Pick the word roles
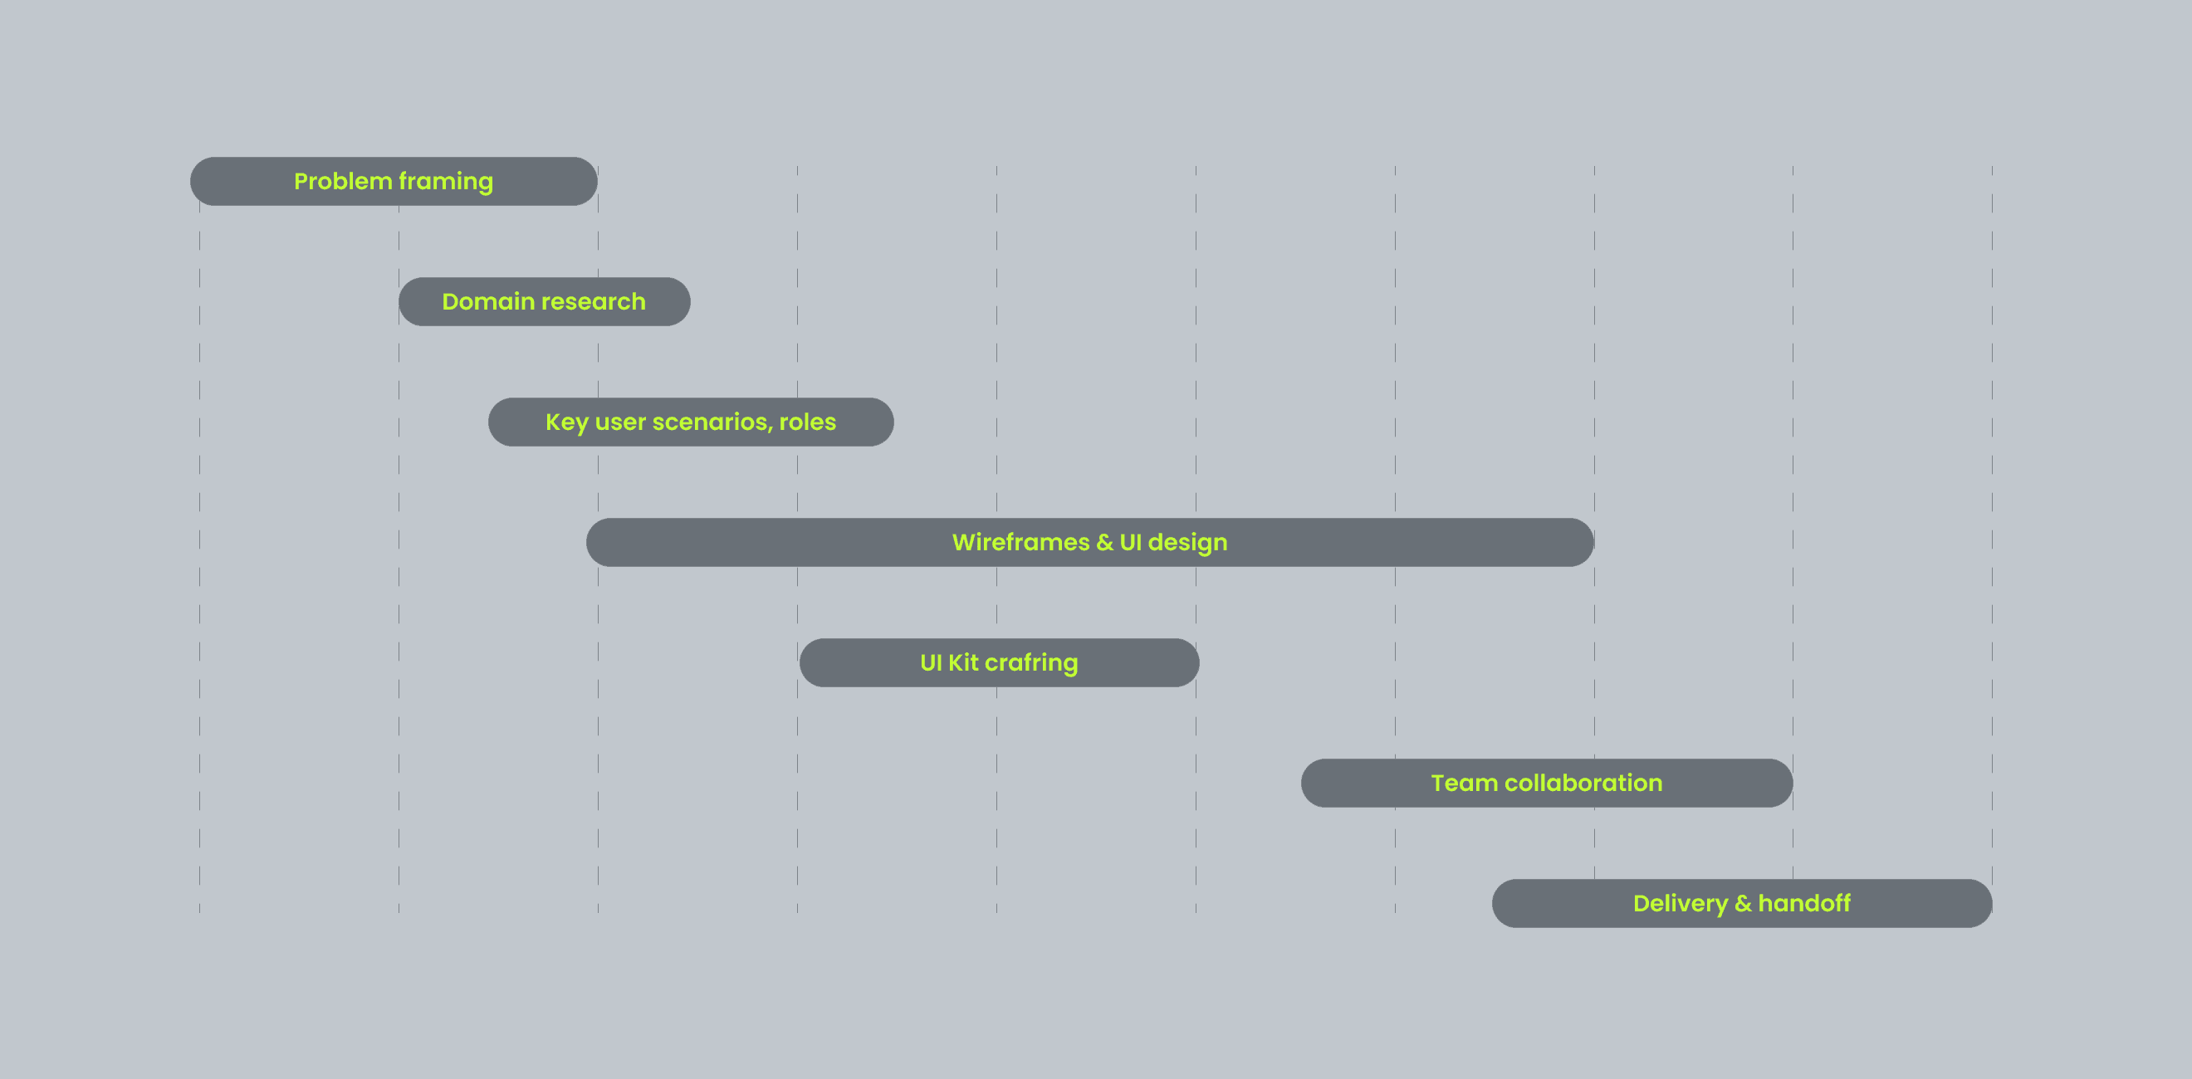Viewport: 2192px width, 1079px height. [808, 422]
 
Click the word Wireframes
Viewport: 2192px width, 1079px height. [1020, 543]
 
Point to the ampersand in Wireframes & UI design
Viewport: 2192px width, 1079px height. [1104, 543]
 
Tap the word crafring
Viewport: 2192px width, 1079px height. [1031, 663]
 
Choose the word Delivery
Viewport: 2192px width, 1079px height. [1680, 904]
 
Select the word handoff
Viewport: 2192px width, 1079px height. [1804, 904]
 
